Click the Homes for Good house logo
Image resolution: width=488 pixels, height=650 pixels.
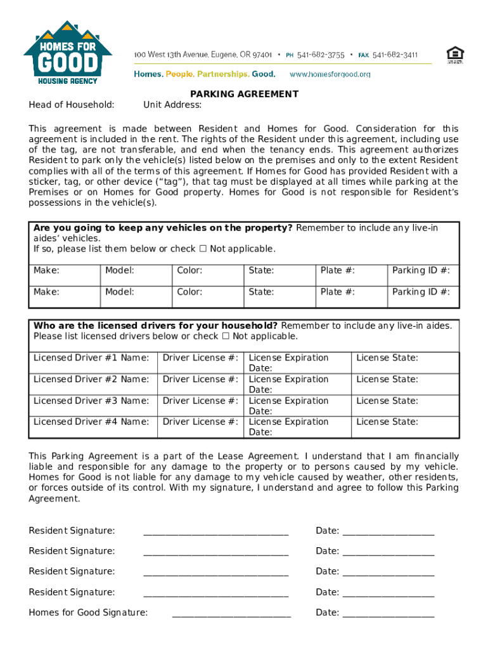coord(68,53)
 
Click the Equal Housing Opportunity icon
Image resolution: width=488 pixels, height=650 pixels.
coord(454,55)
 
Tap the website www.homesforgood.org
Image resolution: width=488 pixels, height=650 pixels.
coord(330,74)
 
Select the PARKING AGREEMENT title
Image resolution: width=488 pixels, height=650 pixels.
coord(244,94)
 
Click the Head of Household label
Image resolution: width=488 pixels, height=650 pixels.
coord(72,105)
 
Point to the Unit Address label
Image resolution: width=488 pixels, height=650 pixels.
coord(172,105)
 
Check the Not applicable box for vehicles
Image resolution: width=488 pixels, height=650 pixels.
coord(203,249)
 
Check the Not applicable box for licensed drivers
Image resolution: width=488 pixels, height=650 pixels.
coord(225,336)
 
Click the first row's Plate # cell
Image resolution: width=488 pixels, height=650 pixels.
coord(351,271)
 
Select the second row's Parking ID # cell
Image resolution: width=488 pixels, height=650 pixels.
coord(423,293)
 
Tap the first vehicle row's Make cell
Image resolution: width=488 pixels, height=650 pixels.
coord(65,271)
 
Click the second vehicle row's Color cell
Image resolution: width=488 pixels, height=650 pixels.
coord(208,293)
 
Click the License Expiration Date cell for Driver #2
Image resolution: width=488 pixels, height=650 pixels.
coord(297,384)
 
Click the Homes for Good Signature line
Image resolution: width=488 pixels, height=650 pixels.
coord(231,613)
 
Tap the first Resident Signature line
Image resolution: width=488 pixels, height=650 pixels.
coord(215,531)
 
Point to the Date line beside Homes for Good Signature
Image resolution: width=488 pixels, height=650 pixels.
coord(388,613)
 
